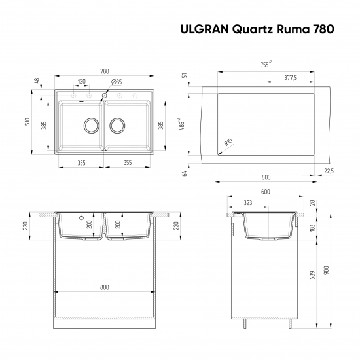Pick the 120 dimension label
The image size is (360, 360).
(81, 82)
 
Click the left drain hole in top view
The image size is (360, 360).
(90, 124)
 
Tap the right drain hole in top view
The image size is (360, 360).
(118, 124)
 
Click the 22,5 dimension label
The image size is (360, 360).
(328, 170)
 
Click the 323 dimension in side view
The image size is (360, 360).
(248, 204)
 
